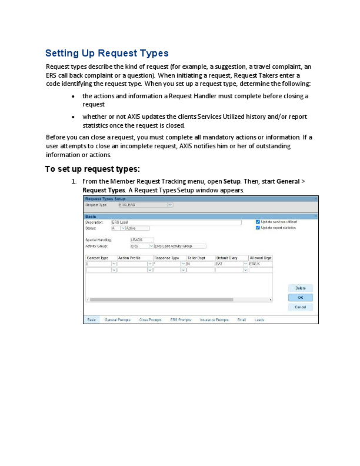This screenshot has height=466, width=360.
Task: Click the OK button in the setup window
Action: (x=300, y=298)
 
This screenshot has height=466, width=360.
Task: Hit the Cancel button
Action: (x=300, y=307)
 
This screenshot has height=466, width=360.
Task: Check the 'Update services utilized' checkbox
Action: (x=258, y=222)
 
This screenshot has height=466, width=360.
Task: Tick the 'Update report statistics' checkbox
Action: (x=258, y=228)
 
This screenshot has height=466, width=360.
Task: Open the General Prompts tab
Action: (x=117, y=320)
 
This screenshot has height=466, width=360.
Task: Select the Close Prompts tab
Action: (x=150, y=320)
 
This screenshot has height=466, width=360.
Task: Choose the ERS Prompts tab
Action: (x=181, y=320)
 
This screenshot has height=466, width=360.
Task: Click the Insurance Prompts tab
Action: (x=214, y=320)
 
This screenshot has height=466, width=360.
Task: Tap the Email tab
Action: (x=241, y=320)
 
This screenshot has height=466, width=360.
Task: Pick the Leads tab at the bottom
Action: (x=259, y=320)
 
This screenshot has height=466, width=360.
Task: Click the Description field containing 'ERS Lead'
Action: (x=176, y=222)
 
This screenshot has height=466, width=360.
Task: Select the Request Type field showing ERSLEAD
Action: (x=142, y=205)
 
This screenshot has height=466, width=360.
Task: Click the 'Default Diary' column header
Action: (x=226, y=258)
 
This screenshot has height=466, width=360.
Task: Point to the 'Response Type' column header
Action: (x=166, y=258)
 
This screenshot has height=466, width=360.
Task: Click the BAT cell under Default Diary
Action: (x=229, y=264)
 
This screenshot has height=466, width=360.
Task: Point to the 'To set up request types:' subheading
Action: (x=92, y=169)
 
